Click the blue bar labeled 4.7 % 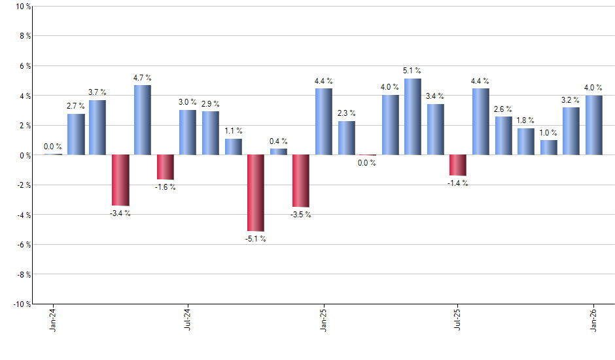[x=143, y=120]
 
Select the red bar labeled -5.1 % [x=255, y=193]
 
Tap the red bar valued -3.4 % [x=120, y=180]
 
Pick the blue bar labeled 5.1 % [x=413, y=117]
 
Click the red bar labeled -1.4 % [x=458, y=165]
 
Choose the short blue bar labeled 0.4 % [x=278, y=152]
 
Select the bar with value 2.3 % [x=347, y=138]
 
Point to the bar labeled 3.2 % [x=571, y=131]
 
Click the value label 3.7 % [x=97, y=92]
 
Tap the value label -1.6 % [x=165, y=187]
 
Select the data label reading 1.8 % [x=526, y=120]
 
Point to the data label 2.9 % [x=210, y=104]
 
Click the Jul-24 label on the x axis [x=188, y=320]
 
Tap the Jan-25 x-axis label [x=323, y=320]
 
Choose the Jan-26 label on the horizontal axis [x=594, y=320]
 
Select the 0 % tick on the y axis [x=24, y=155]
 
